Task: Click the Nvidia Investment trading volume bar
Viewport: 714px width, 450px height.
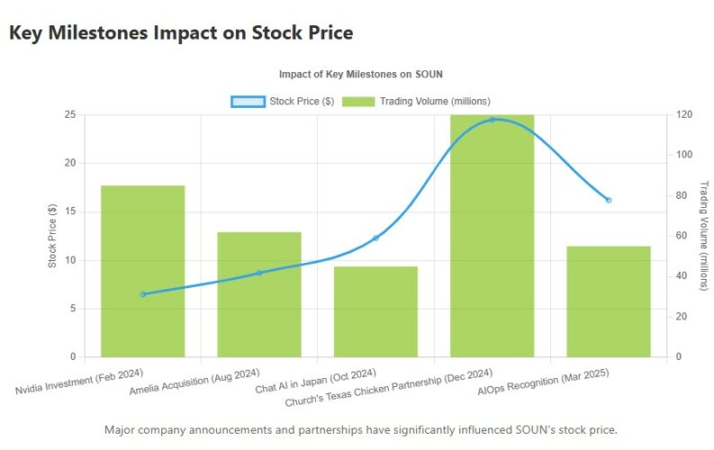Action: pos(142,271)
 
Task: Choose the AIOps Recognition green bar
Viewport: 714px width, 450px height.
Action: pos(609,301)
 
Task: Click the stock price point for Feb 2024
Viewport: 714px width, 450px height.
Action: pos(142,294)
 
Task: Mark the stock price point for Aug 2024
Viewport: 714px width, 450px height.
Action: pos(259,273)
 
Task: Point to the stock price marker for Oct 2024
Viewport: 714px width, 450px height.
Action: pos(375,238)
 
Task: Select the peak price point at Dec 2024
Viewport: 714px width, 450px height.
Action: pos(492,120)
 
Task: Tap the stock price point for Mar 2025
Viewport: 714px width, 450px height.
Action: pos(609,200)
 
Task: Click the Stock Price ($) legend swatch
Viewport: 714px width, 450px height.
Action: pos(248,101)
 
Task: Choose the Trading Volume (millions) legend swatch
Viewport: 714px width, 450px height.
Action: pos(358,101)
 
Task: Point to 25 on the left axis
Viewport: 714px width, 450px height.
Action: pos(69,114)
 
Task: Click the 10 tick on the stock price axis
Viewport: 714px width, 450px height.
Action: pos(69,260)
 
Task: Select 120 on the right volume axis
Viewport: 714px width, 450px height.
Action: pos(683,114)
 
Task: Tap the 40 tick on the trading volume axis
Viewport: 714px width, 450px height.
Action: pos(681,276)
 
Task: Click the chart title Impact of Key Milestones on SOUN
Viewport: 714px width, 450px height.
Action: pos(361,74)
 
